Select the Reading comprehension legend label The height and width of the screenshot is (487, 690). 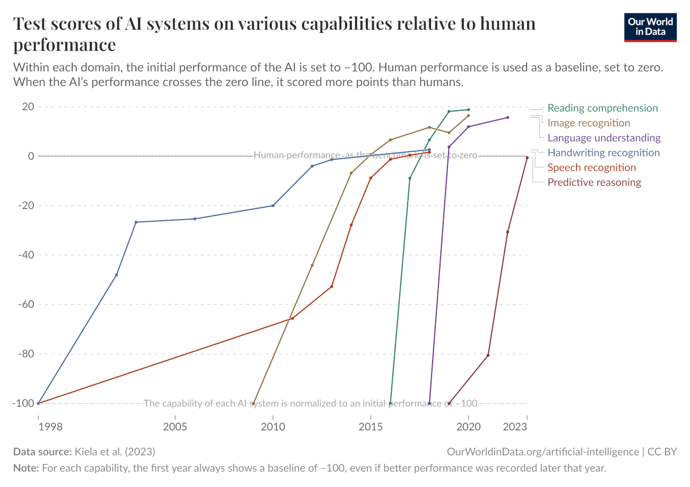[602, 108]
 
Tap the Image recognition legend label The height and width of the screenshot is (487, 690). [589, 123]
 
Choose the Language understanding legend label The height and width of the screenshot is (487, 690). [604, 138]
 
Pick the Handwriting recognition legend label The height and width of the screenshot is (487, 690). [603, 153]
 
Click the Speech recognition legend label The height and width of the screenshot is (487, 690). [591, 168]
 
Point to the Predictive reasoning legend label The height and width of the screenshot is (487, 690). [594, 182]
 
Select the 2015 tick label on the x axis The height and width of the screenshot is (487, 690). [370, 428]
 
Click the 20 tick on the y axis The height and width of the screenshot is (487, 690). [28, 107]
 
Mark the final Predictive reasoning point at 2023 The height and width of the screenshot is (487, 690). [527, 158]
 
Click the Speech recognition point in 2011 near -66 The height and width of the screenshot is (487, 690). [292, 318]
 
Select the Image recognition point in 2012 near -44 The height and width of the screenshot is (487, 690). [312, 265]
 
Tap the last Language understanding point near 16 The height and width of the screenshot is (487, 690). [507, 117]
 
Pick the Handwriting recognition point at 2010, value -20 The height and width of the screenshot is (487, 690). [273, 205]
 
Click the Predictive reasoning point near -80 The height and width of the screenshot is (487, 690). [488, 355]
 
